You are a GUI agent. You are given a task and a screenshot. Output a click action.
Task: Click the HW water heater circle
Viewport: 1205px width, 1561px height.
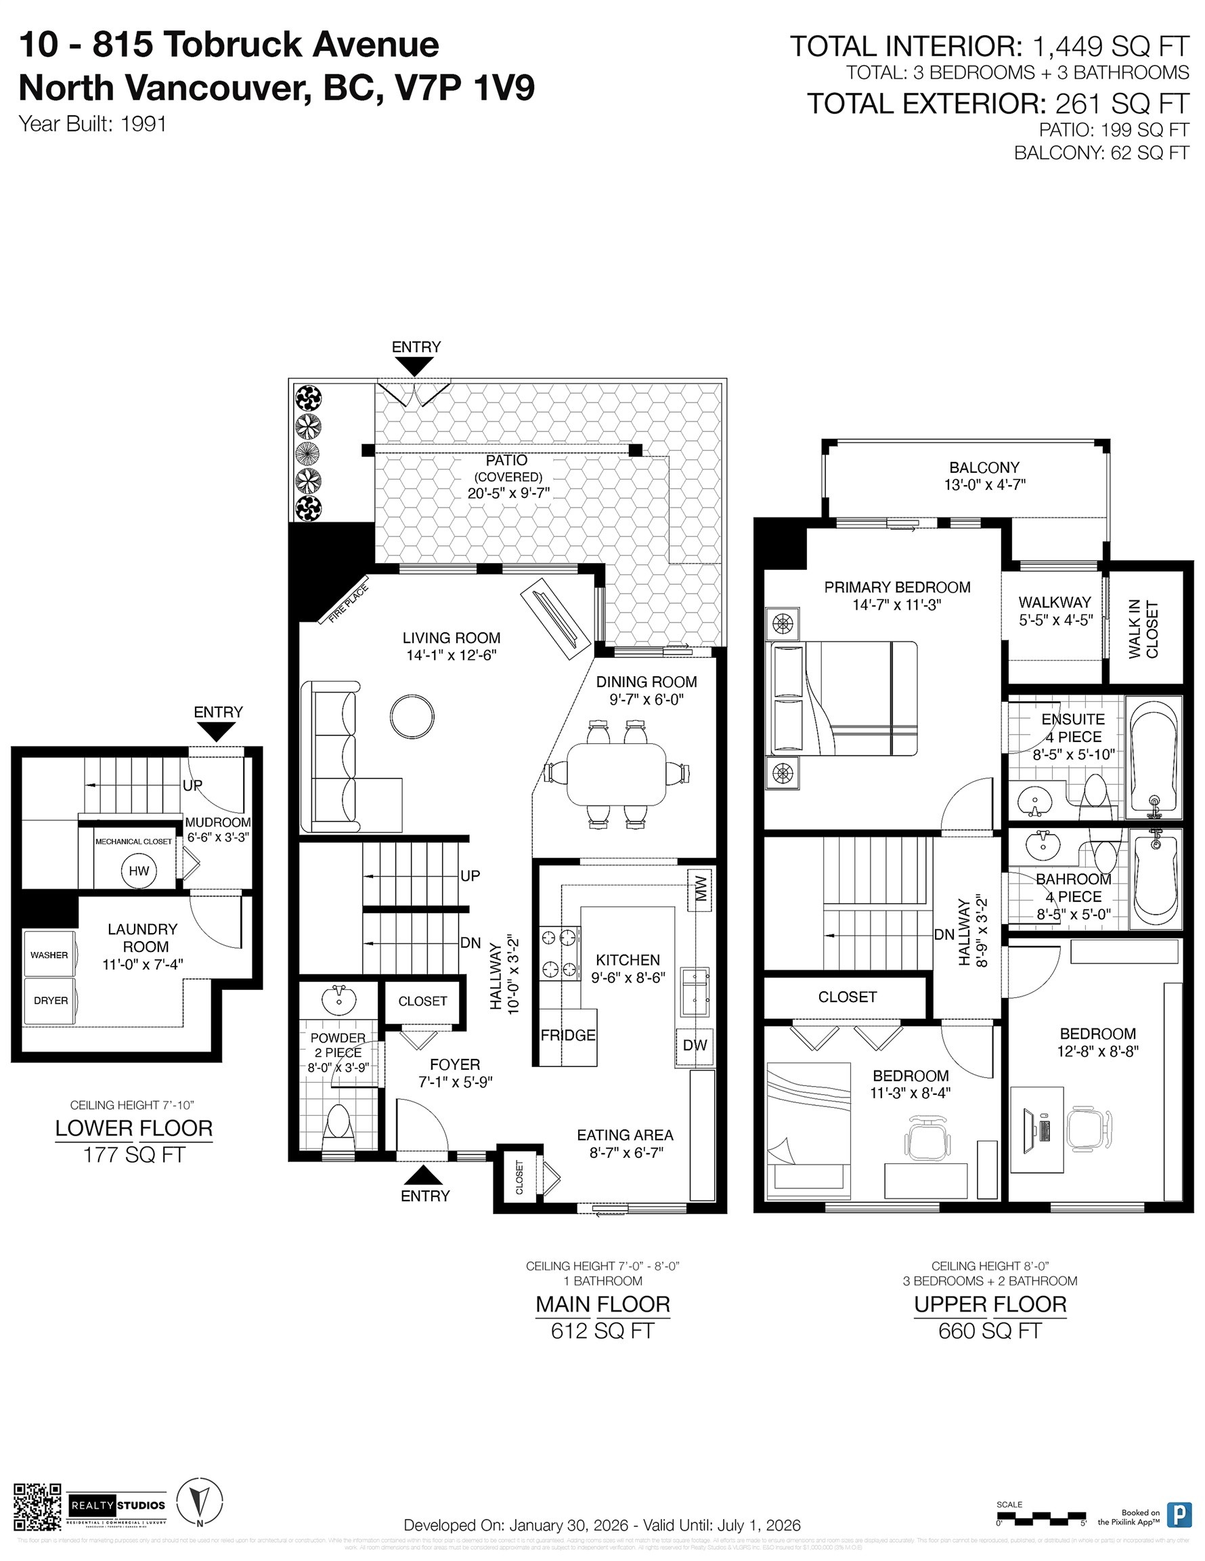pos(139,871)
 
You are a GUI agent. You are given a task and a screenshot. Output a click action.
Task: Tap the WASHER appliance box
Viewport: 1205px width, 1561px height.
pos(49,955)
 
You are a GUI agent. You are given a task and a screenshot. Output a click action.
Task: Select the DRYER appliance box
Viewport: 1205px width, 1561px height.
pos(50,1001)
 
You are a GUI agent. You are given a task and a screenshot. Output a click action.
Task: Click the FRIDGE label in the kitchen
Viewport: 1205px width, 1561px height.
pos(568,1036)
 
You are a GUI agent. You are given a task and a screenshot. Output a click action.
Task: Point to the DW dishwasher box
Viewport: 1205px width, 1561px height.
pos(695,1045)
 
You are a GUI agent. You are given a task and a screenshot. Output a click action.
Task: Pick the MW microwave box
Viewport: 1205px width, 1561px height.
pos(700,890)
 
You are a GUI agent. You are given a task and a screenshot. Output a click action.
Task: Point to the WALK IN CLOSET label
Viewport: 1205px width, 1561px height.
pos(1143,629)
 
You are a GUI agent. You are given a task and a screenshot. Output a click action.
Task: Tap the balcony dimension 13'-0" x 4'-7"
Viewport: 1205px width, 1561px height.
pos(984,484)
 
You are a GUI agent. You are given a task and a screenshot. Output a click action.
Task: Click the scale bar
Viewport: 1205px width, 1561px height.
pos(1041,1514)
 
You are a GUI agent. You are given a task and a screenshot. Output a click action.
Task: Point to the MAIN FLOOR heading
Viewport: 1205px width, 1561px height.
pos(602,1304)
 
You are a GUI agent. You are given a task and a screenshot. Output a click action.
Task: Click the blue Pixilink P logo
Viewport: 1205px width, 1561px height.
pos(1178,1514)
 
